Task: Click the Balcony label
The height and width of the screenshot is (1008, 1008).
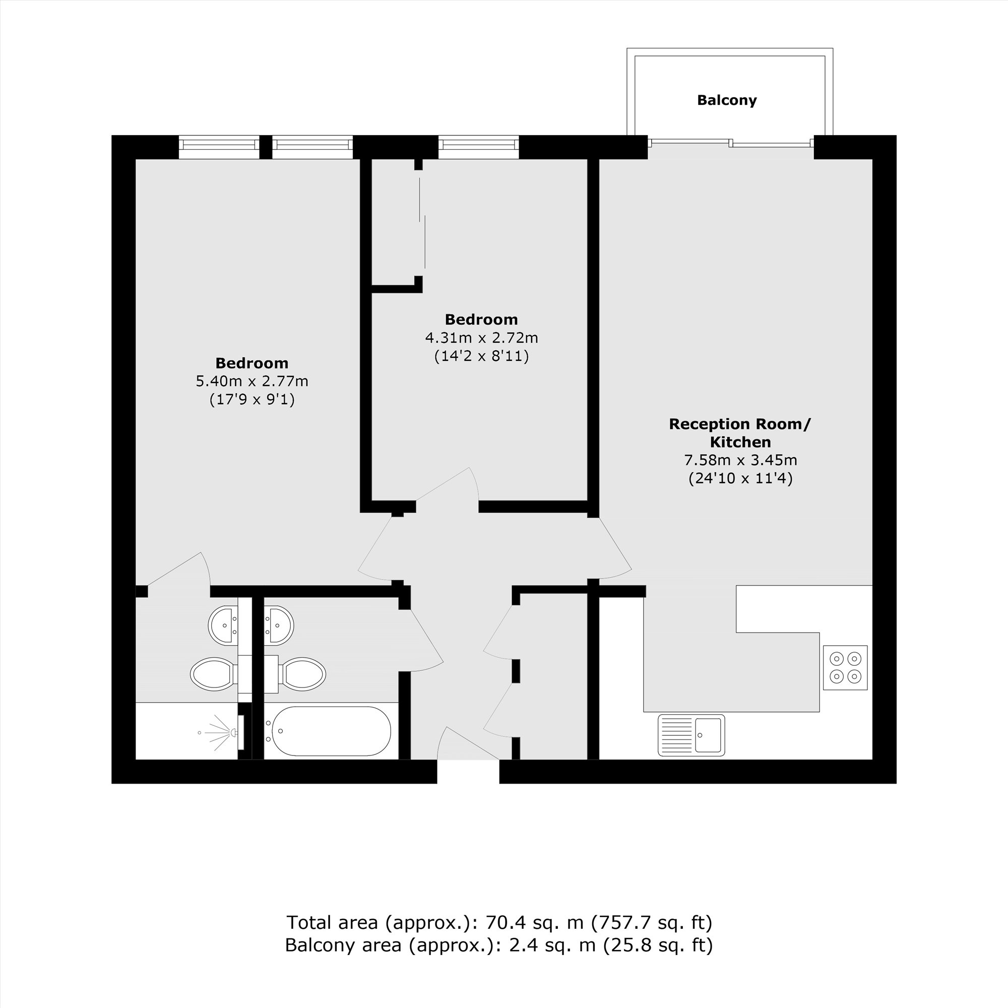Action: pos(727,100)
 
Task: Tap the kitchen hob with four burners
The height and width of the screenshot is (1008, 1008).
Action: pos(845,668)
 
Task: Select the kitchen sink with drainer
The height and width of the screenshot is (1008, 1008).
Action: pos(691,735)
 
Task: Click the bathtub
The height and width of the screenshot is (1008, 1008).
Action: pos(328,731)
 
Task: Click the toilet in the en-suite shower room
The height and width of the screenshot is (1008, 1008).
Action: pos(212,673)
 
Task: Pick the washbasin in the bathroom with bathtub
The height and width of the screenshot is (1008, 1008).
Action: pos(279,624)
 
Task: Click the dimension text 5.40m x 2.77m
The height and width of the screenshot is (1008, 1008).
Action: pos(252,382)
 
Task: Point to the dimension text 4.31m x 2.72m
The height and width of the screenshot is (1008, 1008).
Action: pos(481,338)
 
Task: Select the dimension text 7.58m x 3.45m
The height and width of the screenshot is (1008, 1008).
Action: pos(740,460)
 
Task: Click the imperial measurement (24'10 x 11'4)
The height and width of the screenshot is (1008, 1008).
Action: pos(740,478)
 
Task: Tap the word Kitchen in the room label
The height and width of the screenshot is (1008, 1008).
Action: pos(740,443)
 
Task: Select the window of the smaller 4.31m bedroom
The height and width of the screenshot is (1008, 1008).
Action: pos(478,147)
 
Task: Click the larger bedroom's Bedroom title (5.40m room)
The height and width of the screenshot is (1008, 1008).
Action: pos(252,363)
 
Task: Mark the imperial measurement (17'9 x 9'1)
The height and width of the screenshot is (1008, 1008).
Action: pos(252,400)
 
